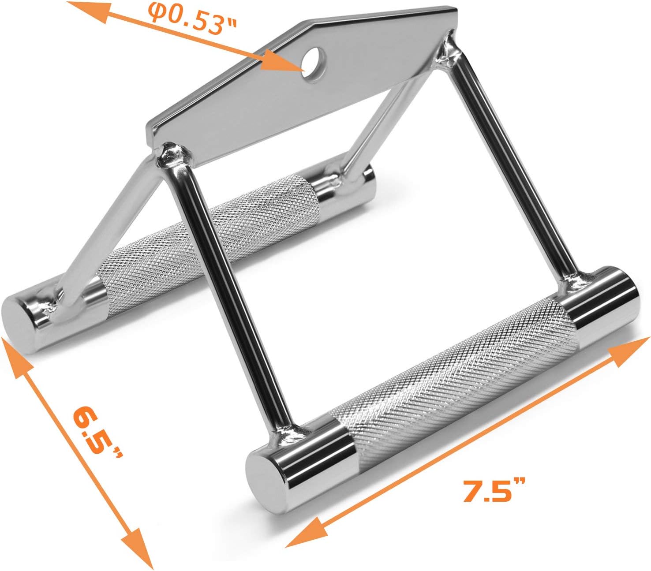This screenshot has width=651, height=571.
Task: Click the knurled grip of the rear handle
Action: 209,244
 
